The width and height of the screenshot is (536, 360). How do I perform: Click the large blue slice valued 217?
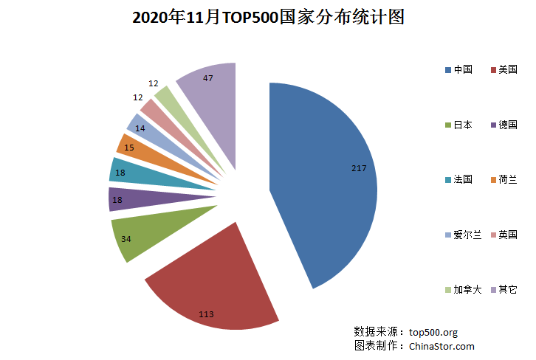coord(325,184)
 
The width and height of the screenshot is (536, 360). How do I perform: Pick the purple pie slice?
coord(148,198)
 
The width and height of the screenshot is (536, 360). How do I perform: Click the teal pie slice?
coord(148,173)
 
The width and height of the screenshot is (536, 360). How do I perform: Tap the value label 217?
coord(359,169)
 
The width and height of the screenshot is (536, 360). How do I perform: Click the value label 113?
coord(206,314)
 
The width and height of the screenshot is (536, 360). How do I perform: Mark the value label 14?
coord(140,128)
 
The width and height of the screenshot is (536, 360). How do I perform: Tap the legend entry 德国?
coord(507,125)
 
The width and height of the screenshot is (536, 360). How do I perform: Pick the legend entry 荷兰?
coord(507,180)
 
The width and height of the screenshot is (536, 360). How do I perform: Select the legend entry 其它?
coord(507,289)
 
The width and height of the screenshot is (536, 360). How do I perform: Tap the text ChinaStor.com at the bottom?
coord(441,346)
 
